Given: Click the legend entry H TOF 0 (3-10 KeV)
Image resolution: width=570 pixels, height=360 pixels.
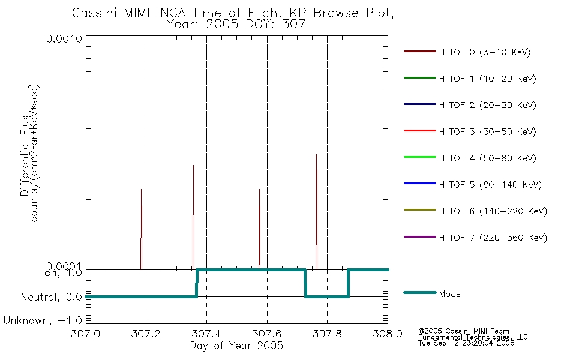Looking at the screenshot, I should click(485, 52).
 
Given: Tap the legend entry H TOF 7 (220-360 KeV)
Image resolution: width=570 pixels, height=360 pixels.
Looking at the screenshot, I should click(493, 238).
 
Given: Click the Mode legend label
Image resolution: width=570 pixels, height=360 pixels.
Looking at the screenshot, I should click(449, 294).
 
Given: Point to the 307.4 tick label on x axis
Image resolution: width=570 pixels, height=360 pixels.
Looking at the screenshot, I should click(206, 334).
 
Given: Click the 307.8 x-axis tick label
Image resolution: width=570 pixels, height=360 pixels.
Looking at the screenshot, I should click(327, 334).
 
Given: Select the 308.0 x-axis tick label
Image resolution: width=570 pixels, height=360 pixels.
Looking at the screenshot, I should click(388, 334).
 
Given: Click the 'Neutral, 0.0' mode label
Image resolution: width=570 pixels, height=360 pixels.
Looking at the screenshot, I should click(52, 297).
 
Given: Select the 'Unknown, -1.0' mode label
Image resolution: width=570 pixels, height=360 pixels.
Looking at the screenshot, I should click(43, 321).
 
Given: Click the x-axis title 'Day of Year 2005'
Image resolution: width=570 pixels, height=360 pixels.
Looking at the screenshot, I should click(236, 346).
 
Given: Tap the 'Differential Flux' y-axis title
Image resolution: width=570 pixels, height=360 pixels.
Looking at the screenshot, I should click(25, 156).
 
